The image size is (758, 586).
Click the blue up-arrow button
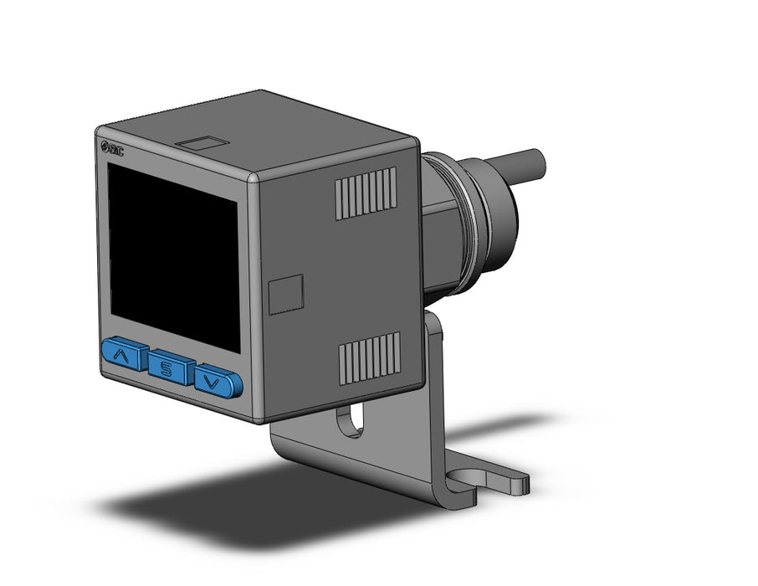125,356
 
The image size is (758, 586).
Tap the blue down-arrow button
218,383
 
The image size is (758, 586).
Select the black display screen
173,254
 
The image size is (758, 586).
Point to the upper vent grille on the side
366,193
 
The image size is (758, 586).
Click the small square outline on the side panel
286,295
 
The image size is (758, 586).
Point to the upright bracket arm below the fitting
435,368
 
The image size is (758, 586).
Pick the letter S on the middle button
171,368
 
